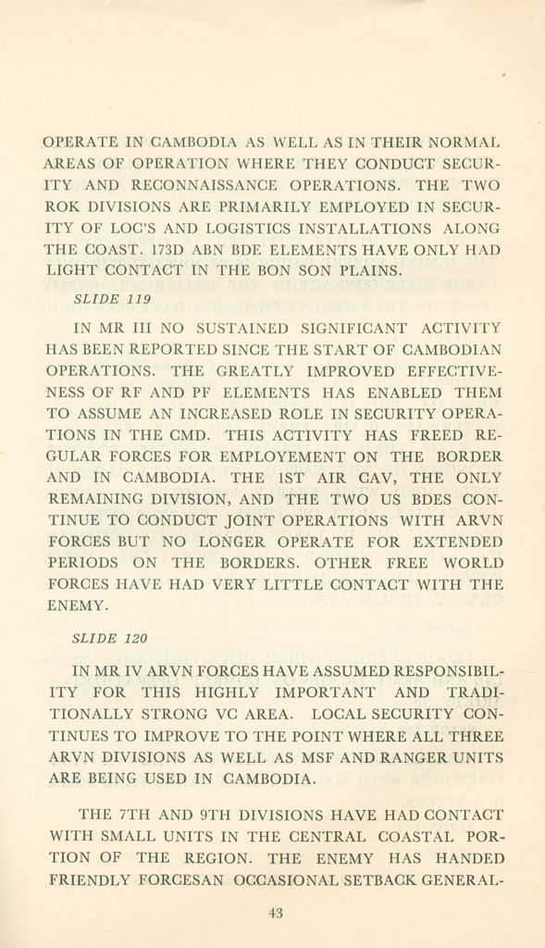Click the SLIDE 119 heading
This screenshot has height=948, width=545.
tap(111, 299)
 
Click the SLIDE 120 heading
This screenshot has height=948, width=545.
tap(110, 639)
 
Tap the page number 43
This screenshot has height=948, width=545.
tap(275, 913)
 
